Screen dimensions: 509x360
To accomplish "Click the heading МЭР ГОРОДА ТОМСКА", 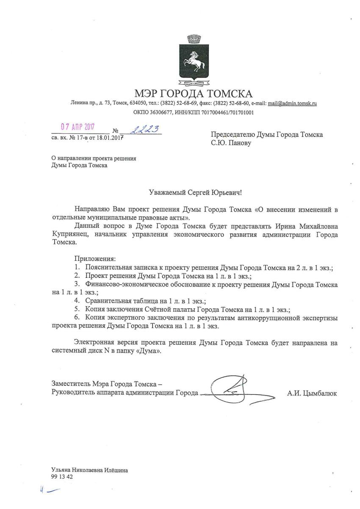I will [193, 93].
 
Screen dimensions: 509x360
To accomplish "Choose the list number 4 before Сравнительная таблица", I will [77, 301].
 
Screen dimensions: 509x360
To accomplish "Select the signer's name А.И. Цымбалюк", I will [312, 393].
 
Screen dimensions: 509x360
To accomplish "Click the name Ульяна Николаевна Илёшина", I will [89, 470].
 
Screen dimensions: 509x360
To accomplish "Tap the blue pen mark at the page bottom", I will [49, 490].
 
